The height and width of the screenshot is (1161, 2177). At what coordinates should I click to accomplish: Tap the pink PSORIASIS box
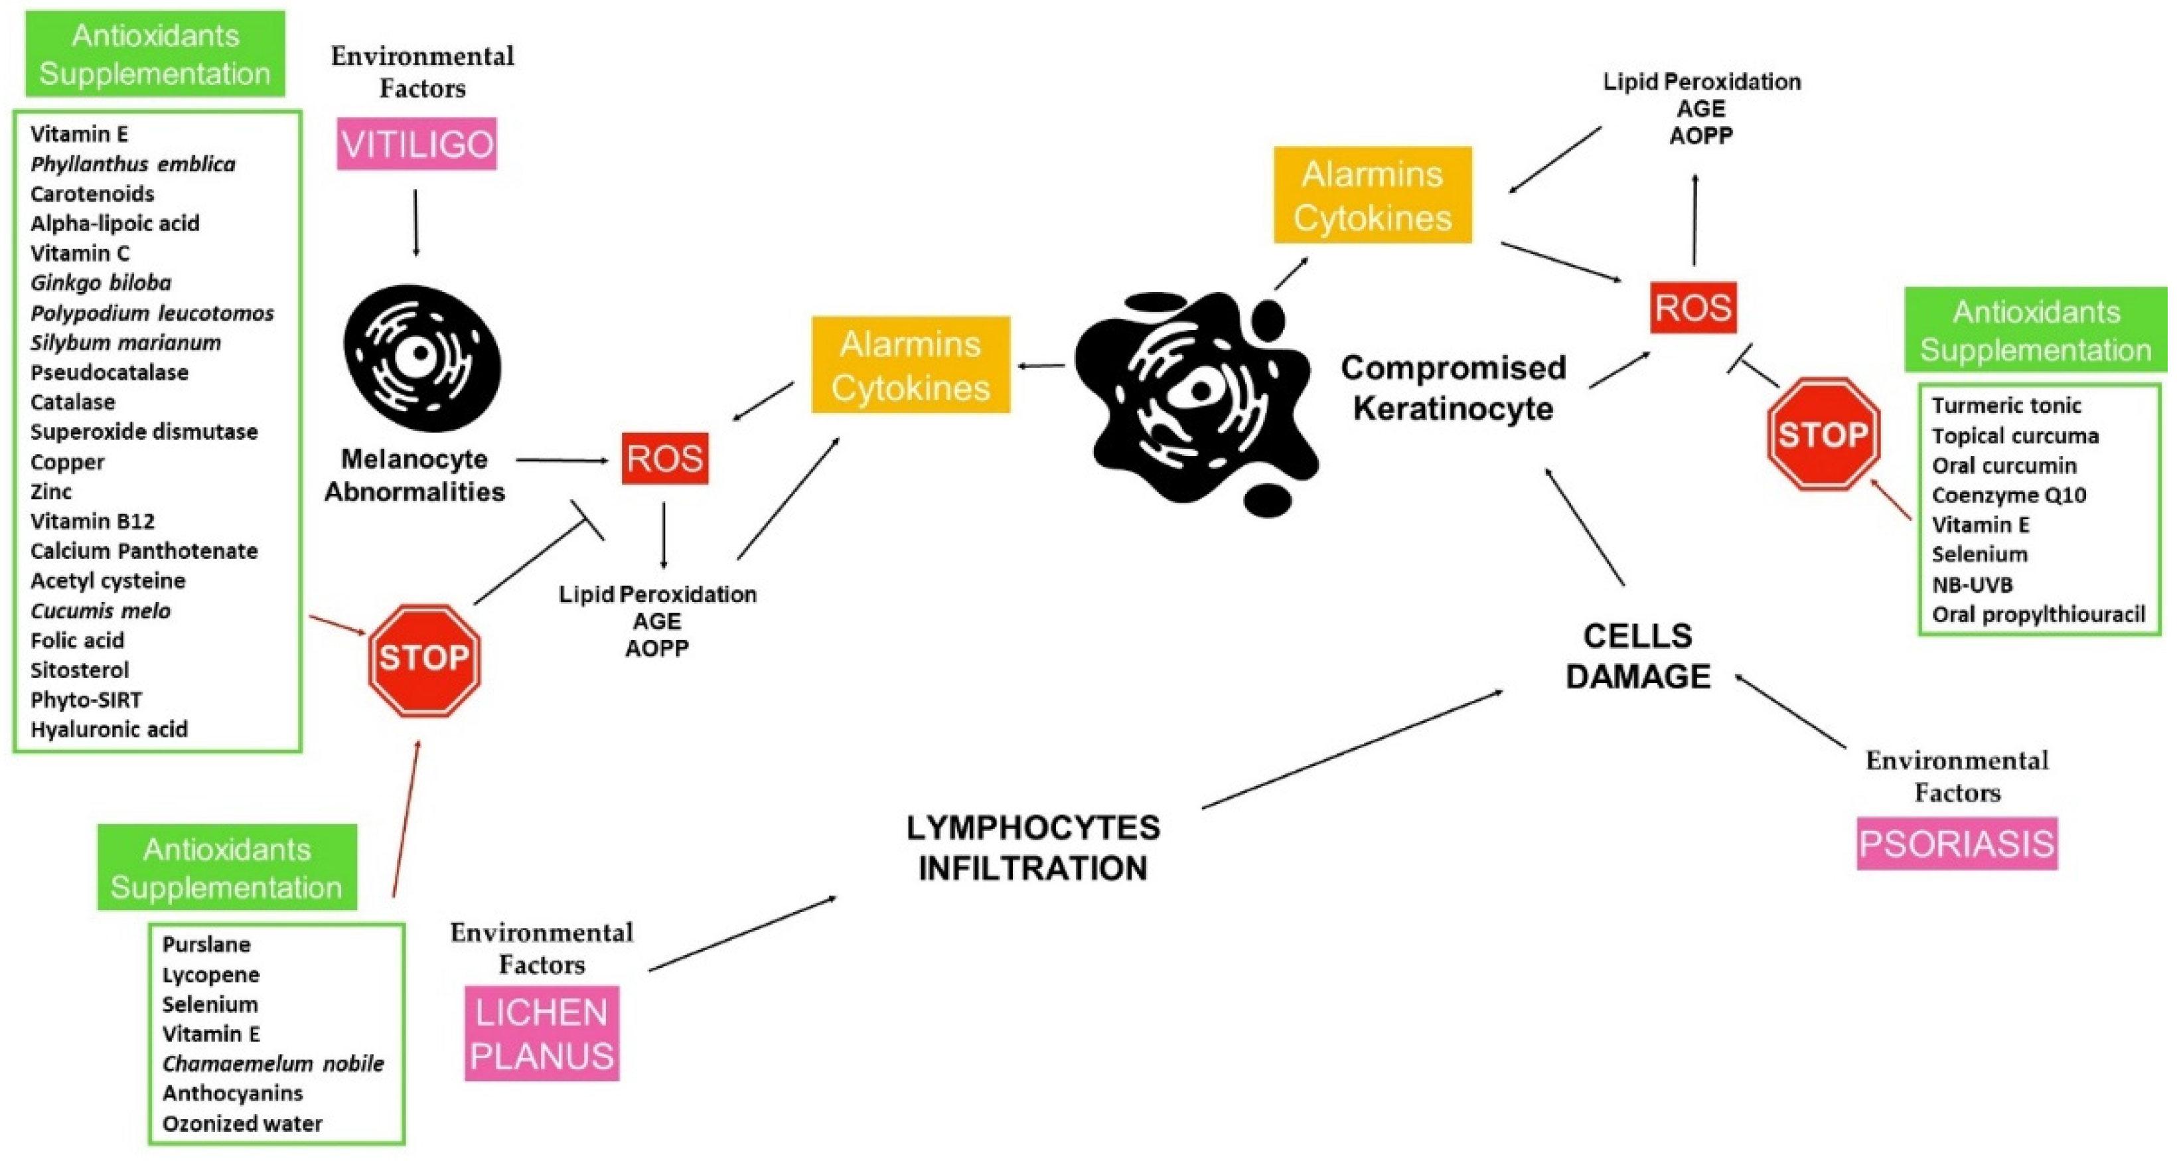[1957, 843]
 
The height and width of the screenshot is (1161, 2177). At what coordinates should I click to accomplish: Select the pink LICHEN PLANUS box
[542, 1033]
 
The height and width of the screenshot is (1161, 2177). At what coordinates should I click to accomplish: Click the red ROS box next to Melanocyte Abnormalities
[664, 458]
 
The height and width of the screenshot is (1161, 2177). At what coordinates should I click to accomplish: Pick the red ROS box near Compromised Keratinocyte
[1692, 307]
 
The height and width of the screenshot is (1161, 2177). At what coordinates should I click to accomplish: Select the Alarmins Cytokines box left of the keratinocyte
[910, 365]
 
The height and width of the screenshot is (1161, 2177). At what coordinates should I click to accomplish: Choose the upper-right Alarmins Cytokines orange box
[1372, 195]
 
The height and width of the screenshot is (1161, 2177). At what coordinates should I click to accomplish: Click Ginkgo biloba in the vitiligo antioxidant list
[101, 283]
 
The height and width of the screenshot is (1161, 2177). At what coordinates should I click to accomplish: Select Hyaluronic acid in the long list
[109, 730]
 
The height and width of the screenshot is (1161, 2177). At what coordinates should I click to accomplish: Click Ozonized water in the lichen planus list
[242, 1123]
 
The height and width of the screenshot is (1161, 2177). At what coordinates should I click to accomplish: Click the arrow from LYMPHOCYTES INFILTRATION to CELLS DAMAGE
[1352, 749]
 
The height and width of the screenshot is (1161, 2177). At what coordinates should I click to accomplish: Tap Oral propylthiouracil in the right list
[2038, 614]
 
